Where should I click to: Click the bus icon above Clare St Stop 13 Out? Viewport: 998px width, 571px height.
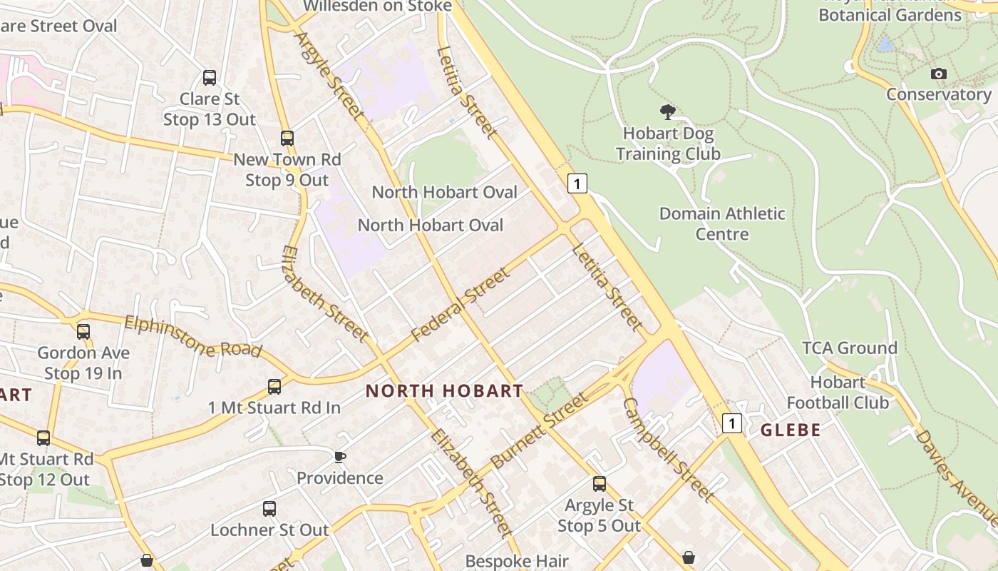click(x=210, y=78)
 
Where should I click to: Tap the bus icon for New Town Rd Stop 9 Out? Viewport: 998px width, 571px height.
click(x=287, y=138)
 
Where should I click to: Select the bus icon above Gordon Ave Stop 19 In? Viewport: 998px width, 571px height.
click(x=83, y=332)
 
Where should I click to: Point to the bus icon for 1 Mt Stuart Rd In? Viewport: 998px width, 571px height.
click(x=274, y=387)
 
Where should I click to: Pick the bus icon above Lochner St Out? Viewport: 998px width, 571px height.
click(x=269, y=509)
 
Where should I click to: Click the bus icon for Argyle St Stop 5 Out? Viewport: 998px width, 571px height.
click(x=600, y=484)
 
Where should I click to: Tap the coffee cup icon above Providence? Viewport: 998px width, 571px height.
click(x=340, y=457)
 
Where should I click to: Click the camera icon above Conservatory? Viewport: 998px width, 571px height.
click(x=939, y=74)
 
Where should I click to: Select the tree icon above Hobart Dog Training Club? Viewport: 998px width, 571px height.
click(x=668, y=112)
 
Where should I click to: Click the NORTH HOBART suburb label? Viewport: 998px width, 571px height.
click(x=445, y=391)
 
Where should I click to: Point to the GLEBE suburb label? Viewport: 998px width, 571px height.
click(x=791, y=430)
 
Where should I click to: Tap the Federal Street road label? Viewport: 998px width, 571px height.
click(x=461, y=304)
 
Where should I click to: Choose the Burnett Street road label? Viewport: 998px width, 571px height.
click(x=540, y=430)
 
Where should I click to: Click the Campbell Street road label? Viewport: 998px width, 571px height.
click(x=667, y=449)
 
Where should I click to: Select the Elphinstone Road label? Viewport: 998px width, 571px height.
click(x=192, y=336)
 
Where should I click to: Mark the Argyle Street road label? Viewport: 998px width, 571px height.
click(x=329, y=76)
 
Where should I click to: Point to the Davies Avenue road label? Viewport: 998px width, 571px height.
click(x=956, y=470)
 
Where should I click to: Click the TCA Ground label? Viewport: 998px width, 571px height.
click(x=850, y=348)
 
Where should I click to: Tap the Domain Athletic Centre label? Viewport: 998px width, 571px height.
click(x=722, y=223)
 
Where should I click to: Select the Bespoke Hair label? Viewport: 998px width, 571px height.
click(x=517, y=561)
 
